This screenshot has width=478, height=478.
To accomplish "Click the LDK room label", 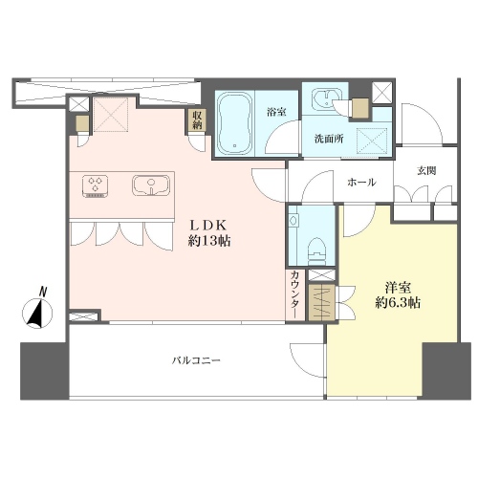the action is click(208, 226).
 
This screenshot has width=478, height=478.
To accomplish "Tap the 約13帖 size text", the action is click(209, 241).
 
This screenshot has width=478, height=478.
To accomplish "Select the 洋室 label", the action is click(398, 288).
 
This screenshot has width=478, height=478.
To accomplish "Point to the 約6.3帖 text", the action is click(398, 303).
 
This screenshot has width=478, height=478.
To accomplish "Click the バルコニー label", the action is click(197, 360).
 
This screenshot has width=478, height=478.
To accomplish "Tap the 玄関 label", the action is click(426, 171).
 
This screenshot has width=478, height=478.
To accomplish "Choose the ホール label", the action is click(361, 183).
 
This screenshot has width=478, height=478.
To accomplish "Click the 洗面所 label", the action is click(329, 139).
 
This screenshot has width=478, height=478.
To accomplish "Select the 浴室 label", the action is click(276, 112).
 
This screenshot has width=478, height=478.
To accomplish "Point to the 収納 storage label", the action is click(197, 119).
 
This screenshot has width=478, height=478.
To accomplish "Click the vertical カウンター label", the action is click(295, 293).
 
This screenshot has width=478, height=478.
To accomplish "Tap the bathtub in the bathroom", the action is click(235, 123).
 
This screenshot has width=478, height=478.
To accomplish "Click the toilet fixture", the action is click(318, 253).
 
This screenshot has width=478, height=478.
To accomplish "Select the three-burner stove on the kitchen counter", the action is click(95, 186).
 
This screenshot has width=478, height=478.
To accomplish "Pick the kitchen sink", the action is click(152, 185).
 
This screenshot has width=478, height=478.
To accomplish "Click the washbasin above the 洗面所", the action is click(325, 98).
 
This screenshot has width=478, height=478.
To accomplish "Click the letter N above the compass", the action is click(43, 292).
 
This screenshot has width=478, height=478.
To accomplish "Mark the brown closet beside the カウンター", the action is click(322, 302).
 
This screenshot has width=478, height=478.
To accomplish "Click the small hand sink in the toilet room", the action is click(293, 220).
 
